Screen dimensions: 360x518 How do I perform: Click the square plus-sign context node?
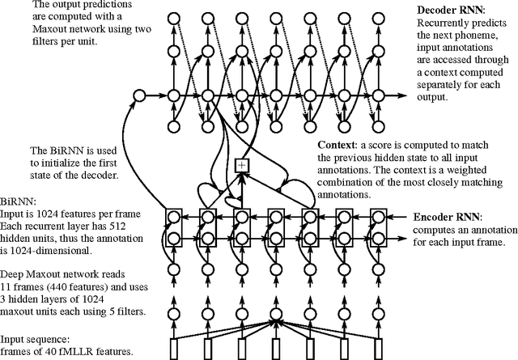pos(240,165)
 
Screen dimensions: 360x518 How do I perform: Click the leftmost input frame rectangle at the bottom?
pos(173,349)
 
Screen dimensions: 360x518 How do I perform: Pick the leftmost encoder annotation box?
pos(173,228)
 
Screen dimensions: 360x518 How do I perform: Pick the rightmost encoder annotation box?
pos(376,228)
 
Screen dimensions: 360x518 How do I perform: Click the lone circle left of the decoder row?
pos(138,96)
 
